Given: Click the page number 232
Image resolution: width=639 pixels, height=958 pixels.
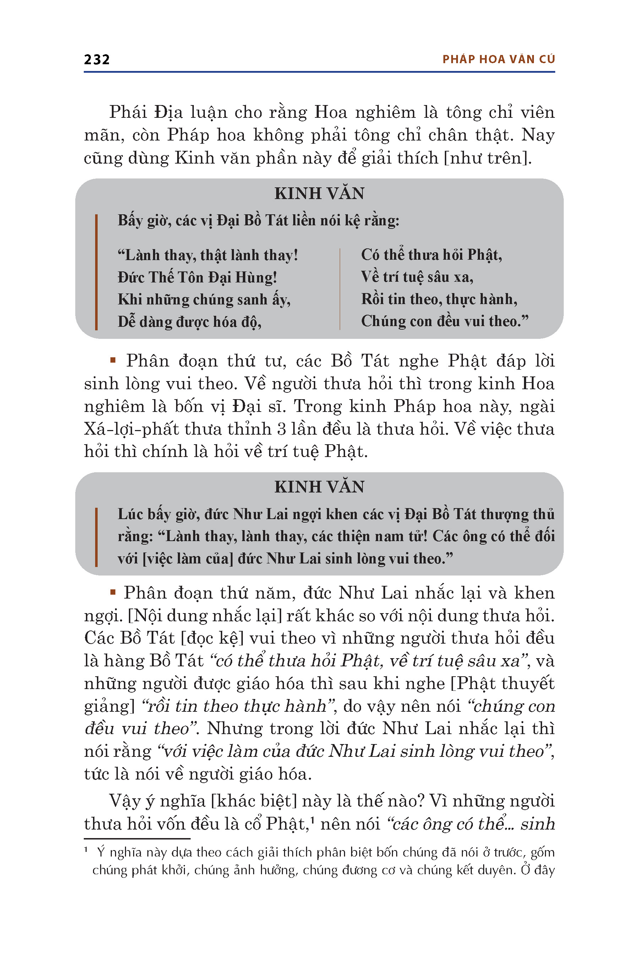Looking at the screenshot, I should click(x=97, y=60).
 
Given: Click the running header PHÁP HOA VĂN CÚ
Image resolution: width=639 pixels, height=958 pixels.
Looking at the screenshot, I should click(x=498, y=60).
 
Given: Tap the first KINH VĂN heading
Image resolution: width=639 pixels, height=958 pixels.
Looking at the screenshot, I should click(x=319, y=193).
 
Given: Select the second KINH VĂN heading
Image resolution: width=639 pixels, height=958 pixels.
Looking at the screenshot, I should click(x=319, y=487).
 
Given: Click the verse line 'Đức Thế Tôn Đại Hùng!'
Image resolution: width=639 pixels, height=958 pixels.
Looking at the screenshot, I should click(x=197, y=277).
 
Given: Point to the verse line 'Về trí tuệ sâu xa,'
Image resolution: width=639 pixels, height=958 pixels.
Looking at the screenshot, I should click(x=417, y=277).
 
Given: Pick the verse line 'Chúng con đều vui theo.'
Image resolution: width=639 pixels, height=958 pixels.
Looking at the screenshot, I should click(x=444, y=321).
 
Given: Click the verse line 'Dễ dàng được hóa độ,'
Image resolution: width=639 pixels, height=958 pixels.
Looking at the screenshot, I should click(x=190, y=322).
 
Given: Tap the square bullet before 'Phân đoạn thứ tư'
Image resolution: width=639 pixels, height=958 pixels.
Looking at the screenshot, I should click(x=113, y=360).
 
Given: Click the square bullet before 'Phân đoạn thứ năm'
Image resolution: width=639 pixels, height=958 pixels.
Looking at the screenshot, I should click(x=113, y=592).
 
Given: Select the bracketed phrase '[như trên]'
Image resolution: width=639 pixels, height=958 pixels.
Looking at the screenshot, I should click(x=487, y=158).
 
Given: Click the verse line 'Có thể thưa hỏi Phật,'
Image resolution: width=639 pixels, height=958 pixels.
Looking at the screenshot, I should click(x=432, y=255).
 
